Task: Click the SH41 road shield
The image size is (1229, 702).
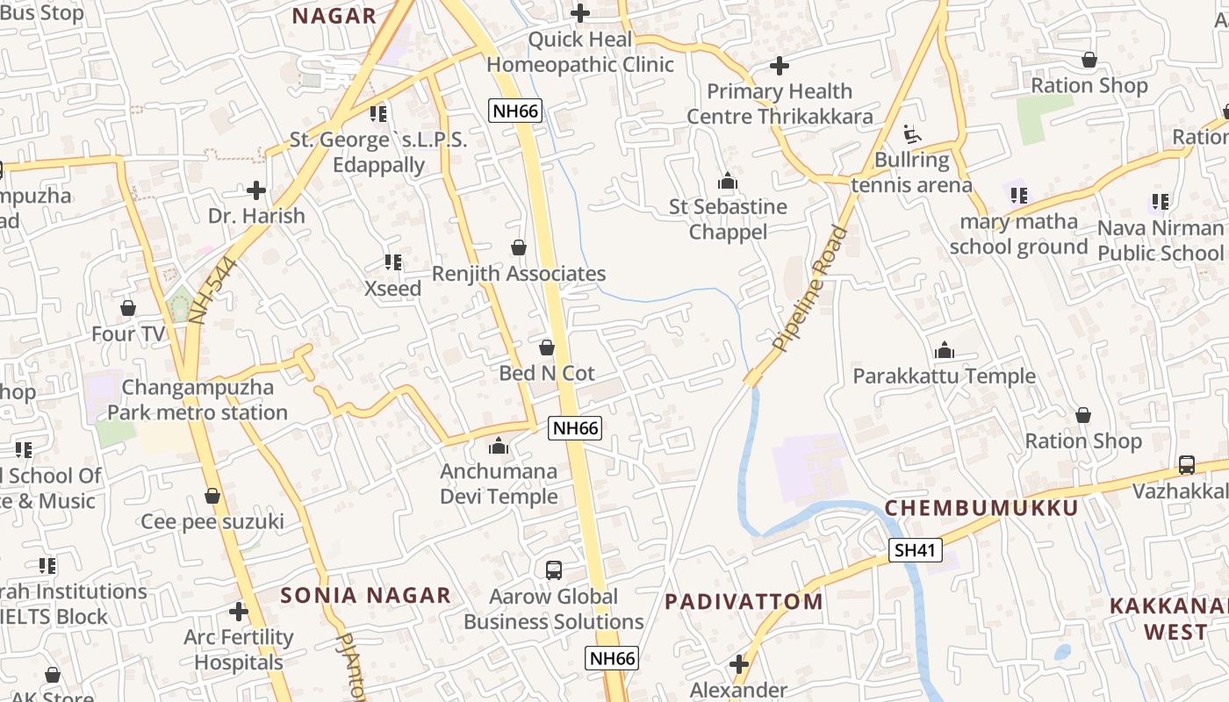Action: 916,551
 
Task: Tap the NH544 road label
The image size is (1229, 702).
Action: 213,291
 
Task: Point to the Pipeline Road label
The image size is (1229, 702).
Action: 810,289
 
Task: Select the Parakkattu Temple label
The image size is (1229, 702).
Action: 945,376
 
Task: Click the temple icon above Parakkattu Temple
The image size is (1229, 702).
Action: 945,351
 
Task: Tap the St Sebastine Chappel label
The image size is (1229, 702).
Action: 728,219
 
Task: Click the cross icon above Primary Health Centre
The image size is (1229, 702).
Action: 779,66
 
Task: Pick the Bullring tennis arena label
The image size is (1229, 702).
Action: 912,173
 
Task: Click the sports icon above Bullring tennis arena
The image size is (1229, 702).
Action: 912,135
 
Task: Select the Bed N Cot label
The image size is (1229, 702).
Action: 547,373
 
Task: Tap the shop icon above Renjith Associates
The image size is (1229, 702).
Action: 519,248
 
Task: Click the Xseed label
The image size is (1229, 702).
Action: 392,289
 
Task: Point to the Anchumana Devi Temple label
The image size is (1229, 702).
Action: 499,484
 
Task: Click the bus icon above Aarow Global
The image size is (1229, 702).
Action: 554,570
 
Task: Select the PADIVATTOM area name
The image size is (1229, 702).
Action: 744,601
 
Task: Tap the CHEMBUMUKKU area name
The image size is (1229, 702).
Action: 981,508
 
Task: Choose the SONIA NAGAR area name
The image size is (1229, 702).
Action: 365,595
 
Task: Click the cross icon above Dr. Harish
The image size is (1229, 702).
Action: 256,190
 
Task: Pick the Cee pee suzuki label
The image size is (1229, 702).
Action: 212,522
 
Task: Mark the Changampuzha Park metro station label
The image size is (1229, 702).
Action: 198,400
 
